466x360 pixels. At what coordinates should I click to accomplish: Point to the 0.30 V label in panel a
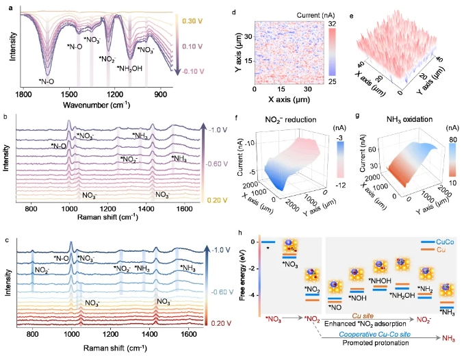[193, 21]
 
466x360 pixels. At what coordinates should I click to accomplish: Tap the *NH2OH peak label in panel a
[129, 68]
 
